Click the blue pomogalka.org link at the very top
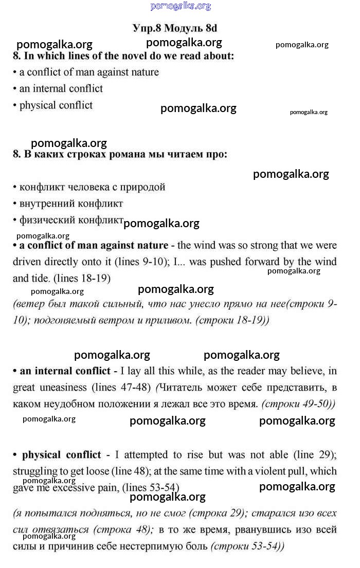(x=181, y=6)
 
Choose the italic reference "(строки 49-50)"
(x=298, y=404)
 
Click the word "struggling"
(x=35, y=471)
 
